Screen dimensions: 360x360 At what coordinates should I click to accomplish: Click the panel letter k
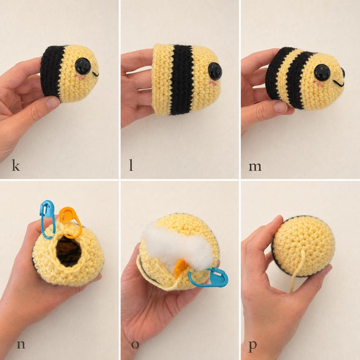(16, 165)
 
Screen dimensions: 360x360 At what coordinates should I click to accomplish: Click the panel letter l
(131, 165)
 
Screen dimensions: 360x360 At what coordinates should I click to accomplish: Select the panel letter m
(255, 167)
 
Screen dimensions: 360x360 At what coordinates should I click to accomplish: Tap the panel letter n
(21, 345)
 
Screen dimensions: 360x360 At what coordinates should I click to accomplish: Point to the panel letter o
(135, 345)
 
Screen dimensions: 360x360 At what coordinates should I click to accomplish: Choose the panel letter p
(253, 346)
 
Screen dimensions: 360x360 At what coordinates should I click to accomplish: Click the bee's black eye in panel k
(83, 66)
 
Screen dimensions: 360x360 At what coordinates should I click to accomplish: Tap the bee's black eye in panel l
(215, 70)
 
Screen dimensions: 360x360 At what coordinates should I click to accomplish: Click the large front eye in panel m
(323, 73)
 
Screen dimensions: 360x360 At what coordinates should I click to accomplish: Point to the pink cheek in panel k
(80, 77)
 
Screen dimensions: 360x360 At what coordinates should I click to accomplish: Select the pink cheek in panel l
(213, 83)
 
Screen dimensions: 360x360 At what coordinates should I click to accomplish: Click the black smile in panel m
(338, 83)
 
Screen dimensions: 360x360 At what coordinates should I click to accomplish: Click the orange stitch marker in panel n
(71, 222)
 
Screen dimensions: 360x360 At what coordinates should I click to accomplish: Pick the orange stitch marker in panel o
(180, 268)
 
